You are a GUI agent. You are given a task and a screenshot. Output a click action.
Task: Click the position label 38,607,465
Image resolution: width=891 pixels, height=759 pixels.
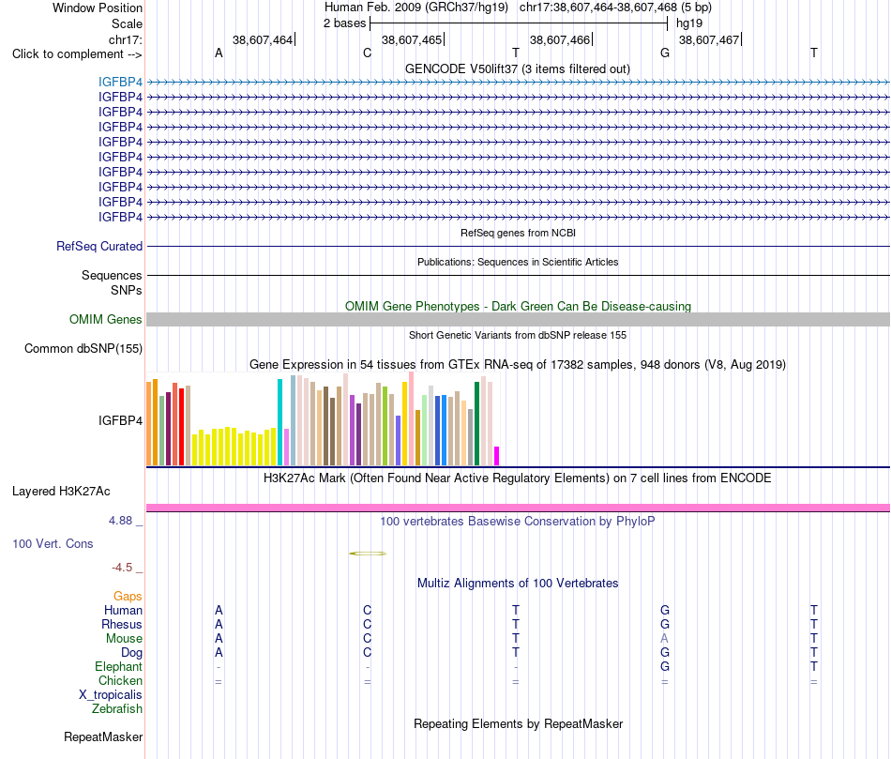click(x=412, y=39)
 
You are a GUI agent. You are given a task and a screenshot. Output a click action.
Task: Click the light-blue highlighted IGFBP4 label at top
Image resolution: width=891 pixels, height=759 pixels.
click(x=120, y=82)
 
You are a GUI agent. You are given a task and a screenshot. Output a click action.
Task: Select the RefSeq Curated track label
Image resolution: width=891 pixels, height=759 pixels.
click(x=99, y=246)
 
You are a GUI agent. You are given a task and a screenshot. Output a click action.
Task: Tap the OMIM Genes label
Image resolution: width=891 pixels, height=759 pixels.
click(x=106, y=320)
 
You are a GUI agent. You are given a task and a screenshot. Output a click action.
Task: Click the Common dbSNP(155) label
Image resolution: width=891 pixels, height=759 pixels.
click(x=83, y=348)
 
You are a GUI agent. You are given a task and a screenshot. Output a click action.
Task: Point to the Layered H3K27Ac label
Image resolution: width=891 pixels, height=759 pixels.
click(x=61, y=492)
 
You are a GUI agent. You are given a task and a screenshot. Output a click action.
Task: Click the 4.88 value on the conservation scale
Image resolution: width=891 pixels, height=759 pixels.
click(x=120, y=520)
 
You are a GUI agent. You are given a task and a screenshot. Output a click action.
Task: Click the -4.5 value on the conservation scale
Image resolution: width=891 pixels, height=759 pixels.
click(x=122, y=568)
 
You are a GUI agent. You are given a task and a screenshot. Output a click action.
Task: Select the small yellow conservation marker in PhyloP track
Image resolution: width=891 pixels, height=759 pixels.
click(x=368, y=554)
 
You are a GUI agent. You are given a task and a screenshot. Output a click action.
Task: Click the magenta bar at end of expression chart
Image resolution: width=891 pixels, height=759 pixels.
click(x=497, y=456)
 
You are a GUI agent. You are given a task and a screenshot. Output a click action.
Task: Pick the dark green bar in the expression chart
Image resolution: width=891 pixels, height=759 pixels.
click(x=477, y=423)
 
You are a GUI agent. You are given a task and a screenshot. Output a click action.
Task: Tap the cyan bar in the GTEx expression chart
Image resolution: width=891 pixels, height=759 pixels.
click(x=279, y=422)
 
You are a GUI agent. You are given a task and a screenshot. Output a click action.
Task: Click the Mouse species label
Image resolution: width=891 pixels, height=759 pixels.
click(x=124, y=639)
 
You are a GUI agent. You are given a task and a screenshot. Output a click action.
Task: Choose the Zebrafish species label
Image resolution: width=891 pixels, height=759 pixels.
click(x=117, y=709)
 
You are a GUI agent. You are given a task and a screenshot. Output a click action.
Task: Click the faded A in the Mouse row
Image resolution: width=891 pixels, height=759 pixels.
click(x=664, y=639)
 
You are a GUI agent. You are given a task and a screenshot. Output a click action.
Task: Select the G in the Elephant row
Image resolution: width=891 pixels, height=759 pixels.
click(x=665, y=666)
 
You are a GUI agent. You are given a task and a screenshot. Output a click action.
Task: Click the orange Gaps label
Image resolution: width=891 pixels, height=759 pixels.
click(x=128, y=596)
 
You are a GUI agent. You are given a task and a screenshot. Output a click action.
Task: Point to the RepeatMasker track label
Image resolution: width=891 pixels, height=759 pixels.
click(x=103, y=736)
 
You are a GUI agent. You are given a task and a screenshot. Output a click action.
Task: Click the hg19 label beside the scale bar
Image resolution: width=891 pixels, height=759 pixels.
click(x=689, y=23)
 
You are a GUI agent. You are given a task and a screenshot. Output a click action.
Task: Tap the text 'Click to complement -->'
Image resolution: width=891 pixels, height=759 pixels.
click(x=77, y=54)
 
